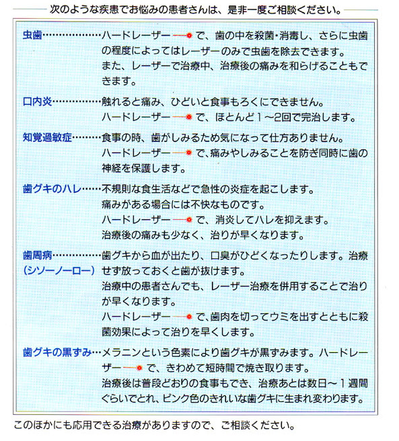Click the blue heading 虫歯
[x=32, y=35]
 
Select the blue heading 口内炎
[x=38, y=102]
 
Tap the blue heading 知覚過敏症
[x=47, y=138]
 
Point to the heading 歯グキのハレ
[x=52, y=189]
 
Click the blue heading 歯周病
[x=38, y=255]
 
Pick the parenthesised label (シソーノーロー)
[x=59, y=270]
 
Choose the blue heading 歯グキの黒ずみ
[x=57, y=352]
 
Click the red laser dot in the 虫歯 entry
[x=189, y=36]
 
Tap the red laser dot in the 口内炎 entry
[x=189, y=117]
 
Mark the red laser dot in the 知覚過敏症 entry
[x=189, y=153]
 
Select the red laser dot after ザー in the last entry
[x=139, y=368]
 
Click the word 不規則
[x=116, y=189]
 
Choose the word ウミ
[x=279, y=317]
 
